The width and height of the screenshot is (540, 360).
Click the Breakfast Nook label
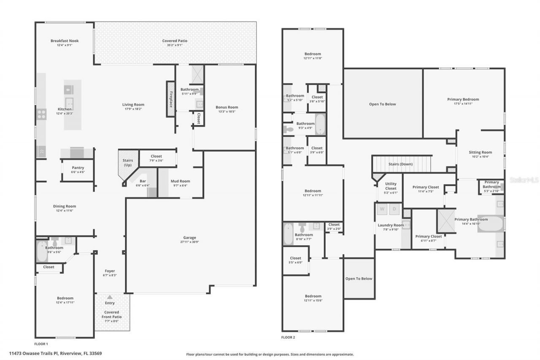pyautogui.click(x=65, y=41)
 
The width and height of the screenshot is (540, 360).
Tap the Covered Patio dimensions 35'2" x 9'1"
pyautogui.click(x=175, y=45)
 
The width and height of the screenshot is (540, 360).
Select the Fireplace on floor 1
pyautogui.click(x=171, y=99)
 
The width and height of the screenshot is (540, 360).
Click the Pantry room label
pyautogui.click(x=78, y=168)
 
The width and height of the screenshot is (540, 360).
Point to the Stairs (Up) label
pyautogui.click(x=128, y=163)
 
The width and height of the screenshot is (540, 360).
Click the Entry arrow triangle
pyautogui.click(x=110, y=298)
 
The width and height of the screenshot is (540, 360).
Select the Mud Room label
pyautogui.click(x=180, y=181)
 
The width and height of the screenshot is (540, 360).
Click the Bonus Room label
pyautogui.click(x=227, y=107)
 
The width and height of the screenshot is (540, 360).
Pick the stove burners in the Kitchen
pyautogui.click(x=41, y=113)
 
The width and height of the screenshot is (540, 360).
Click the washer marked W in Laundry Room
pyautogui.click(x=382, y=209)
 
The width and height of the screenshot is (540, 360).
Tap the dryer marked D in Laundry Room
pyautogui.click(x=395, y=209)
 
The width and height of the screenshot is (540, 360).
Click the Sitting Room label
pyautogui.click(x=480, y=152)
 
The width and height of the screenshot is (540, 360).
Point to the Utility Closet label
pyautogui.click(x=391, y=186)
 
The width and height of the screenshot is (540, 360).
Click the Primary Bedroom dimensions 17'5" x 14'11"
pyautogui.click(x=463, y=104)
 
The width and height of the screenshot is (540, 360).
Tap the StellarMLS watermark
pyautogui.click(x=524, y=180)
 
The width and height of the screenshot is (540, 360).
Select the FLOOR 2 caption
pyautogui.click(x=288, y=338)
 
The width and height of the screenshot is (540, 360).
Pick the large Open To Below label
pyautogui.click(x=382, y=104)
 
